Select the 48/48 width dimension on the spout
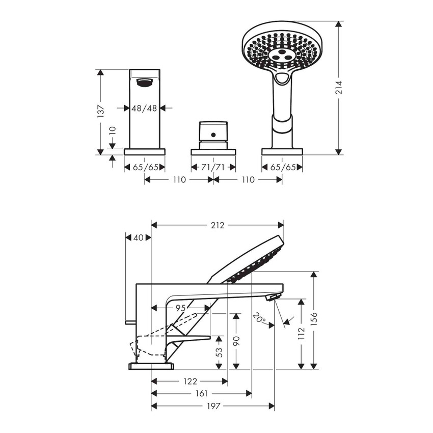144,108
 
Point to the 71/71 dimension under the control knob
213,167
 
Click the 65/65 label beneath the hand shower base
282,167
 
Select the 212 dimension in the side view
218,225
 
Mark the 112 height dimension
302,333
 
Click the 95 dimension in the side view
180,308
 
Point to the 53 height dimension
219,352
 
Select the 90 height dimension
235,340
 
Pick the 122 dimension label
190,381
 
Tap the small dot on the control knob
213,136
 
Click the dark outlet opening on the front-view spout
144,82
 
